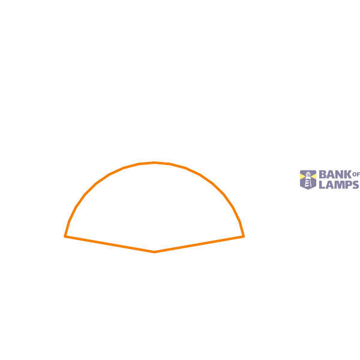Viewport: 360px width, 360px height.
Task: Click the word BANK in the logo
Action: pos(335,175)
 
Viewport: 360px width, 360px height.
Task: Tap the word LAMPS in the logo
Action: pos(339,185)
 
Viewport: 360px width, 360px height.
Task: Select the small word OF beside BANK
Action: pos(356,175)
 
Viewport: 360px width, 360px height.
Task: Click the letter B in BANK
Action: pos(323,175)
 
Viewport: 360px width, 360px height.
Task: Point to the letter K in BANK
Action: pos(348,175)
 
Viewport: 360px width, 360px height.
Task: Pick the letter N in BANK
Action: pos(340,175)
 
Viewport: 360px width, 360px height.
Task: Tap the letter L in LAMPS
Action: pos(322,185)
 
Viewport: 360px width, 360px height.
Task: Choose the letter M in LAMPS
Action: pos(339,185)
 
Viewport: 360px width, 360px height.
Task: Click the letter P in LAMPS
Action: pos(348,185)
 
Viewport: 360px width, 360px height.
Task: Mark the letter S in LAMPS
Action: pos(355,185)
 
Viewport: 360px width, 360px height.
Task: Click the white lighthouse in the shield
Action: pos(308,179)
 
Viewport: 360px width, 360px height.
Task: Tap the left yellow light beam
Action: pos(302,176)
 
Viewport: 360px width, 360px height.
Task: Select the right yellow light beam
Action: pos(314,176)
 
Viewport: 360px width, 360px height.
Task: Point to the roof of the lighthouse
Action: pos(308,173)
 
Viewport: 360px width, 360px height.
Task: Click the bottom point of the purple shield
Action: pos(308,190)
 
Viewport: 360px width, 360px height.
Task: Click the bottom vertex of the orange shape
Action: pos(154,252)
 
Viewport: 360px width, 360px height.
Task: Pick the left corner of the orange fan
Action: pos(65,236)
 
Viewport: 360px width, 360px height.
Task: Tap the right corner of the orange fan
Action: pos(244,236)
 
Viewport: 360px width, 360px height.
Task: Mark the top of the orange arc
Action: pos(154,163)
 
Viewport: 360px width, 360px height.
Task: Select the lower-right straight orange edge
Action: pos(199,244)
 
